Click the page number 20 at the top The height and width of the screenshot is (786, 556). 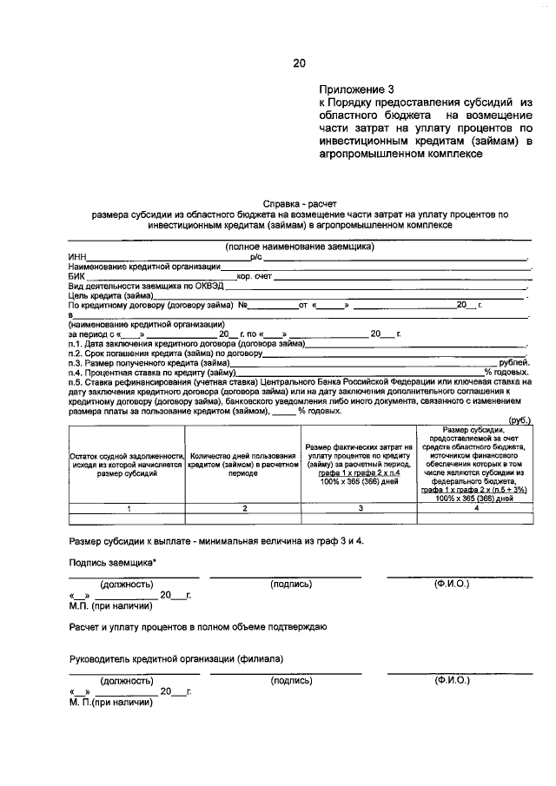pos(300,63)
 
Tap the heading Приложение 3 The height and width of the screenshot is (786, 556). pos(355,89)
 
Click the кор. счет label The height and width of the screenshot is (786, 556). pos(255,276)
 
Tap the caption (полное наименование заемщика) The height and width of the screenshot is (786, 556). pos(300,247)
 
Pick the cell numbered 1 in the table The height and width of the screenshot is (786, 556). pos(127,508)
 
